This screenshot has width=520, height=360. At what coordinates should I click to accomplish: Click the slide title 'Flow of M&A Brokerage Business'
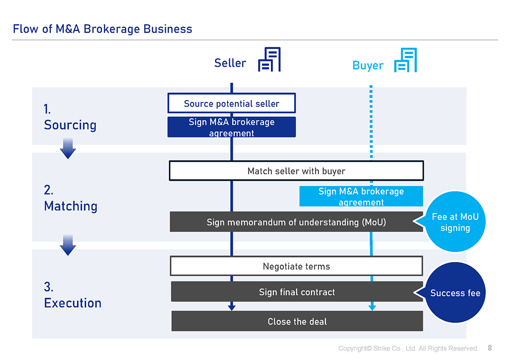click(x=103, y=29)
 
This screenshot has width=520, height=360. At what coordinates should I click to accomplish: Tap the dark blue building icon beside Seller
click(x=269, y=59)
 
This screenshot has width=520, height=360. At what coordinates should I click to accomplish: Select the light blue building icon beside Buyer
click(x=406, y=60)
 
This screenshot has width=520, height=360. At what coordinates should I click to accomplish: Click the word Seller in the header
click(x=230, y=63)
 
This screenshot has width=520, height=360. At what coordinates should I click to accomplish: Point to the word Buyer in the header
click(x=367, y=65)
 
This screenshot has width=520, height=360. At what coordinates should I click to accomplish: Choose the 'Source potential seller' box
click(x=231, y=103)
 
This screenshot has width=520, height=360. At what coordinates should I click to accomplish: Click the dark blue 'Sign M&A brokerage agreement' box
click(x=231, y=127)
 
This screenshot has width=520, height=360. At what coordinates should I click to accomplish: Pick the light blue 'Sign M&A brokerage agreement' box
click(x=361, y=196)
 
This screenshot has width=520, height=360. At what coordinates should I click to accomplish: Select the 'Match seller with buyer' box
click(x=296, y=171)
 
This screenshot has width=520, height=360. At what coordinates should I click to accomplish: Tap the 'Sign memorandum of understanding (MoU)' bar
click(x=296, y=222)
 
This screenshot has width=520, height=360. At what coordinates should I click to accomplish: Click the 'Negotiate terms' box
click(x=296, y=266)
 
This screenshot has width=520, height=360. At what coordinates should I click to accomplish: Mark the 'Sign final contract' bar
click(x=297, y=292)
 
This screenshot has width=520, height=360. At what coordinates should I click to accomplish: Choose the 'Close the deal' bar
click(x=297, y=321)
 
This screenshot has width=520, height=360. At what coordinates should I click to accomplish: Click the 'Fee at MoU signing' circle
click(x=455, y=222)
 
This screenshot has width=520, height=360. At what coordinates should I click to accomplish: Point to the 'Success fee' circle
click(x=456, y=293)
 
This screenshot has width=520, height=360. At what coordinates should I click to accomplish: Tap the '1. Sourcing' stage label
click(x=70, y=117)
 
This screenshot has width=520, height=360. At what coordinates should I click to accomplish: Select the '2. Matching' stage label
click(x=70, y=198)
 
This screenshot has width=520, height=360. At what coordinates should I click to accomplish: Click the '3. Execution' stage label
click(x=72, y=295)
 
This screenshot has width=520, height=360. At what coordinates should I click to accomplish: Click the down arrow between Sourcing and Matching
click(x=68, y=148)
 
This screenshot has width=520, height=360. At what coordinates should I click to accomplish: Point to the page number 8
click(x=490, y=348)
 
